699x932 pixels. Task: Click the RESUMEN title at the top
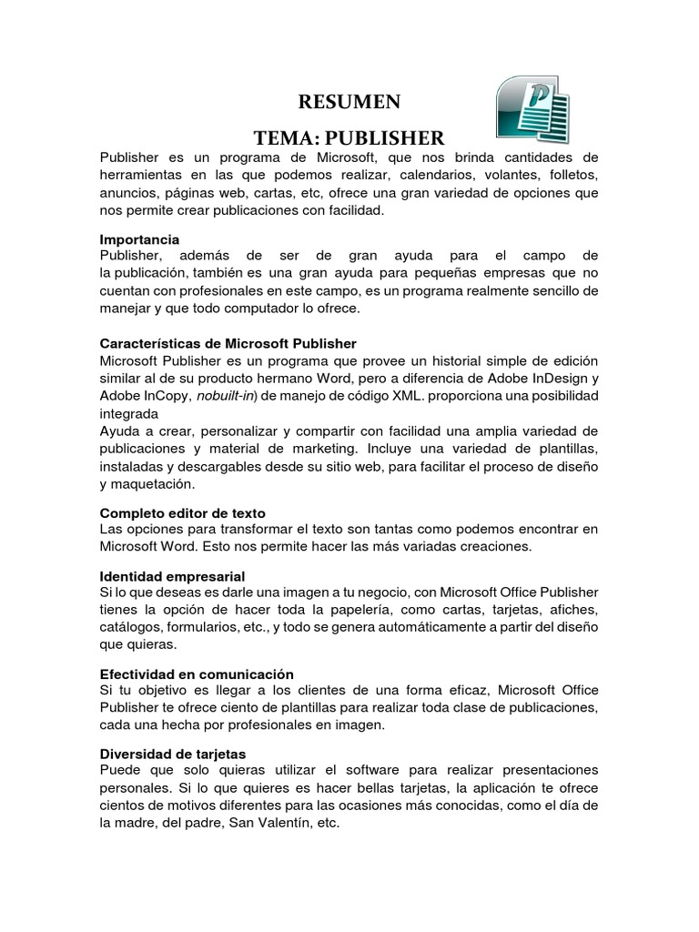[349, 100]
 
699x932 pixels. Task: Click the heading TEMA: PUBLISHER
[349, 138]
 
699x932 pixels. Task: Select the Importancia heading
[139, 239]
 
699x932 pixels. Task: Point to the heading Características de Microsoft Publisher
[228, 343]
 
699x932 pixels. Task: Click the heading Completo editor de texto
[182, 513]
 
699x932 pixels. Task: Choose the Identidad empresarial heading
[172, 577]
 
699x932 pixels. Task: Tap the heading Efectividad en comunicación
[197, 674]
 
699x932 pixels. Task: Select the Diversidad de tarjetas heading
[172, 755]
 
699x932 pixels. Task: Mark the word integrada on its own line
[134, 413]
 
